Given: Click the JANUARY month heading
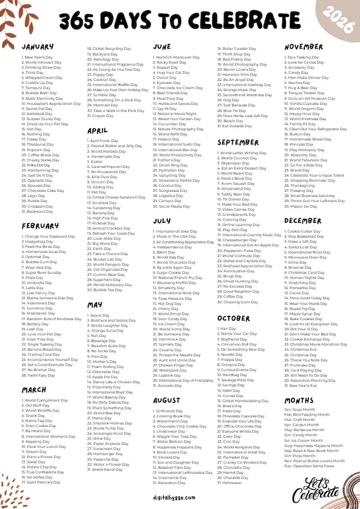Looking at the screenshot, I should coord(38,46).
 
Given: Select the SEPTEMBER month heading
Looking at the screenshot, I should coord(238,143).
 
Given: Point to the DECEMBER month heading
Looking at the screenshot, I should coord(304,220).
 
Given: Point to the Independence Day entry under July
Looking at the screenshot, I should coord(175,247).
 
